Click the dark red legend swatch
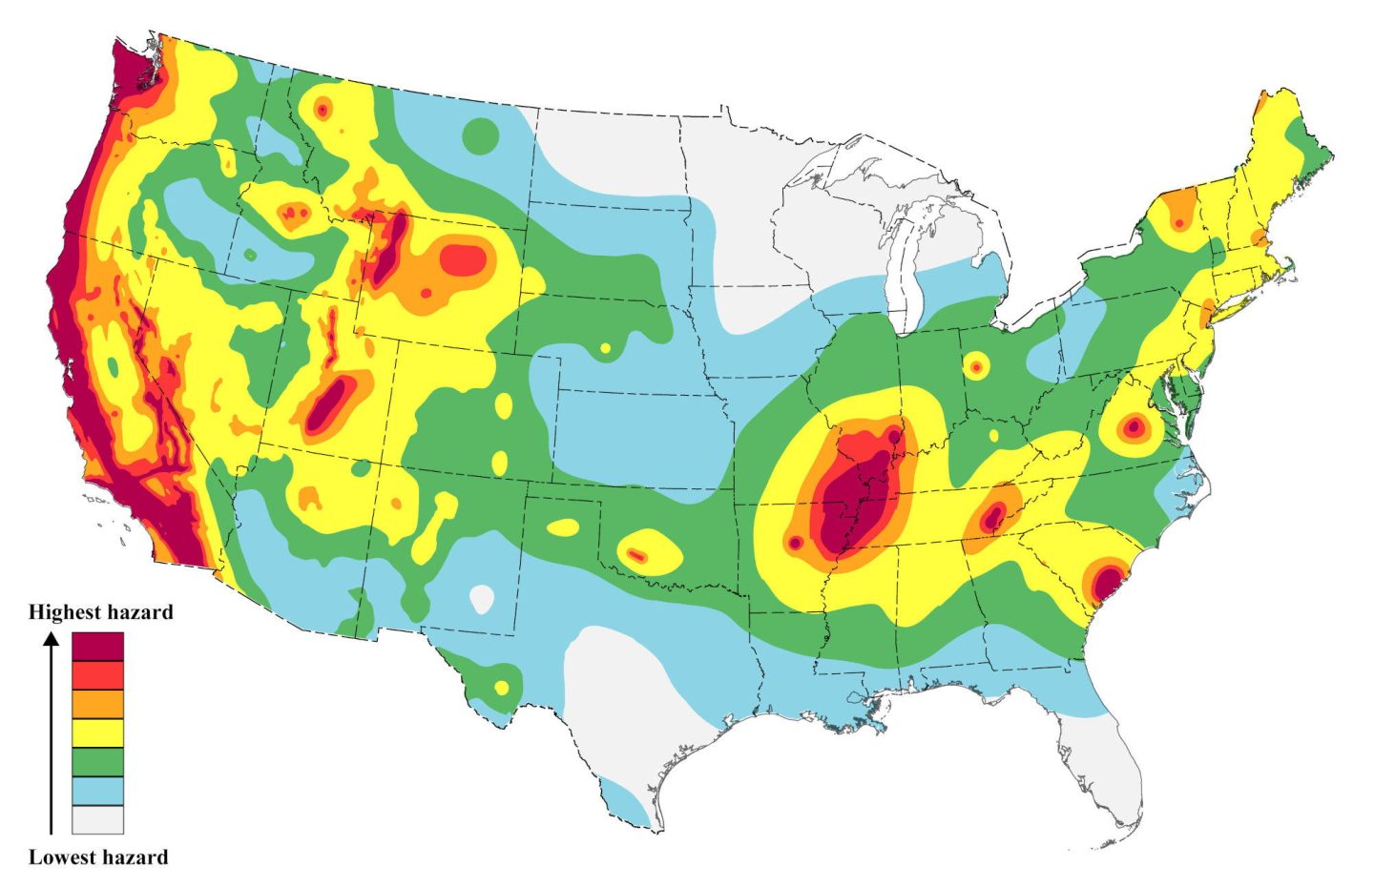click(97, 646)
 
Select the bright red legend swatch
click(97, 675)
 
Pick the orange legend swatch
click(97, 704)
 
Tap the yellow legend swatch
click(97, 733)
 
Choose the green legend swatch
click(97, 762)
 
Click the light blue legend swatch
click(97, 792)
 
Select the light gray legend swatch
click(97, 820)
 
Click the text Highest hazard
click(101, 612)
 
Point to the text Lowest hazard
click(98, 856)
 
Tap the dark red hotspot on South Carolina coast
click(1107, 581)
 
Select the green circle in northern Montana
click(480, 135)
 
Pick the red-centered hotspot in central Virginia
click(1133, 428)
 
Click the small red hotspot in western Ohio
click(975, 365)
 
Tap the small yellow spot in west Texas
click(502, 687)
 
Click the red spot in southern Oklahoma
click(637, 554)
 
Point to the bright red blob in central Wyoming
click(463, 259)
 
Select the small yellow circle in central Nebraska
click(604, 349)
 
